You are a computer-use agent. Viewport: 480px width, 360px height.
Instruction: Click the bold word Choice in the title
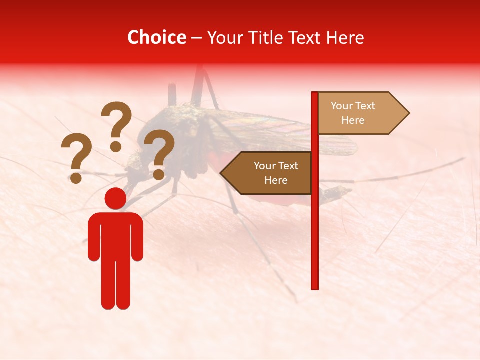point(156,37)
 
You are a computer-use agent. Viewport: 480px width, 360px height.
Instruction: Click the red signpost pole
point(315,225)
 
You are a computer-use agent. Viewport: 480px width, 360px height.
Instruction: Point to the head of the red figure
point(115,199)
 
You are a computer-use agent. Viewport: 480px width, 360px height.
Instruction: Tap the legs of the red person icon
point(115,285)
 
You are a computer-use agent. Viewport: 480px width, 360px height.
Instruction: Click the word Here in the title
point(345,37)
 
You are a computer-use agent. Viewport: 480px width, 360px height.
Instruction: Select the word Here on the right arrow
point(353,120)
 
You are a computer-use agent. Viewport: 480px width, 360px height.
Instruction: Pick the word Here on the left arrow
point(276,180)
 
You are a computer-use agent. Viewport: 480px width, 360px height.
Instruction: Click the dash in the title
point(196,38)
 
